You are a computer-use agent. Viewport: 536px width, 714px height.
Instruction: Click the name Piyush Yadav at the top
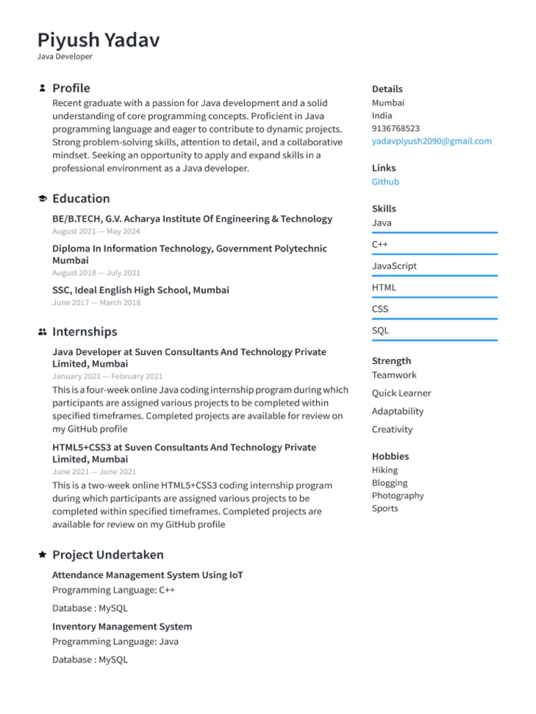[98, 40]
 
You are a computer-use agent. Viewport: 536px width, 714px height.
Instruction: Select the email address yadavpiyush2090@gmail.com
[431, 141]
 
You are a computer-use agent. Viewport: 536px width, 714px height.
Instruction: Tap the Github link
[385, 182]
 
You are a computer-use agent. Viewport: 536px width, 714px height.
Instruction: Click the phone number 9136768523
[396, 128]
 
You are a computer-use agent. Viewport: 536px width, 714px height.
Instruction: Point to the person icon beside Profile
[42, 89]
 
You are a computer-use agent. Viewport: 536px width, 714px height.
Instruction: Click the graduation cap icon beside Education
[42, 199]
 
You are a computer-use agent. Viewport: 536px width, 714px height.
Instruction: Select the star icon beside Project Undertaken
[42, 555]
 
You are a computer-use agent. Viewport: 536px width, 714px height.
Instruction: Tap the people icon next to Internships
[42, 332]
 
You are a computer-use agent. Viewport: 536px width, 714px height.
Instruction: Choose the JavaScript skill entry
[394, 266]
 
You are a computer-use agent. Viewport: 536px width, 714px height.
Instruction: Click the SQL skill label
[380, 331]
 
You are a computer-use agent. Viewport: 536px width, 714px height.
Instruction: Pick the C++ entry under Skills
[380, 244]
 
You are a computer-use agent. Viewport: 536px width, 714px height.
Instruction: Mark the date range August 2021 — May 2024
[96, 231]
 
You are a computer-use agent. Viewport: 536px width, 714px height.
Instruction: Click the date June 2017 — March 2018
[96, 303]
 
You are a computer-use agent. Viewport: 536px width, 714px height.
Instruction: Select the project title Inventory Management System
[122, 626]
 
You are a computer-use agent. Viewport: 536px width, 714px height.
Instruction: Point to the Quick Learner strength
[401, 393]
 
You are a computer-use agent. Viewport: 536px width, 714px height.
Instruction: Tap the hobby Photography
[397, 496]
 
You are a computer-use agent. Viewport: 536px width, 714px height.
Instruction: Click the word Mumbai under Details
[387, 102]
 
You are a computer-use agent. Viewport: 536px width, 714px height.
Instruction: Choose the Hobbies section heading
[390, 456]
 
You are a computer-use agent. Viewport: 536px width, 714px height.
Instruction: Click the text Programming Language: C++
[114, 590]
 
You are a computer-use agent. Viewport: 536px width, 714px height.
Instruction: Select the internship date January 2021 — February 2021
[107, 376]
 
